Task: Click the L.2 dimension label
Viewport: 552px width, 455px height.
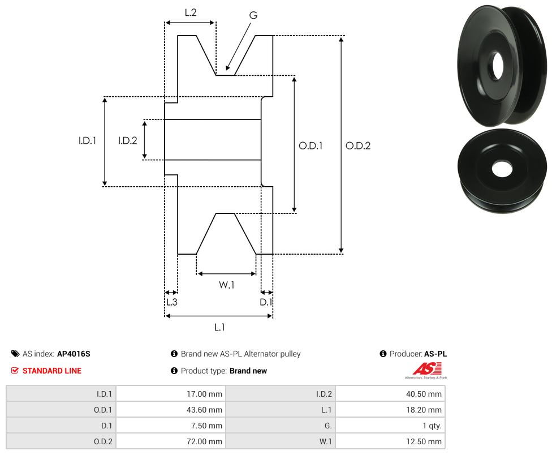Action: [191, 12]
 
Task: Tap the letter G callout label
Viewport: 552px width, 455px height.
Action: [253, 15]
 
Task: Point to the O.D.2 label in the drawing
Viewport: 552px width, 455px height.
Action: [358, 145]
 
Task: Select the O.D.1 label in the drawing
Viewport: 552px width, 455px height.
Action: [310, 145]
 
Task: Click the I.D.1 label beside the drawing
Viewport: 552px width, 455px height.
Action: [87, 140]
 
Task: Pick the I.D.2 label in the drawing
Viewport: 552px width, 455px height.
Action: [127, 140]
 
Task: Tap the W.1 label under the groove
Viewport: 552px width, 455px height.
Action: [226, 285]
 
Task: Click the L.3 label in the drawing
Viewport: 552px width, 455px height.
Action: [172, 302]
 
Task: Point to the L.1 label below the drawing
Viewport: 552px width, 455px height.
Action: [219, 327]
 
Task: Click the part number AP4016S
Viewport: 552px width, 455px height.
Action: [74, 354]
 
